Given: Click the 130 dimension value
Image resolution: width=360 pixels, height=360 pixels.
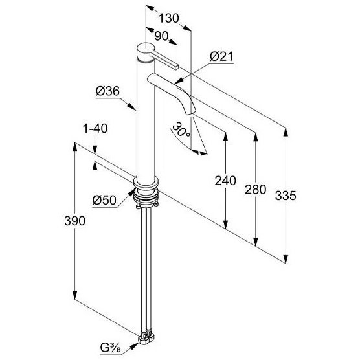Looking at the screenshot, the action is (168, 18).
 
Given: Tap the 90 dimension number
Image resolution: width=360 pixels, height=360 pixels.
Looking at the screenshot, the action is (161, 36).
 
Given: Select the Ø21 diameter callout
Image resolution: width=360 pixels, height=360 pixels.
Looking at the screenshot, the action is (221, 57).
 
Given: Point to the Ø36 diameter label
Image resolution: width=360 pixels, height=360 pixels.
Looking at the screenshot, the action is (107, 91).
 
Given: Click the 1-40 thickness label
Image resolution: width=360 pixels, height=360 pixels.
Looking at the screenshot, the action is (95, 129).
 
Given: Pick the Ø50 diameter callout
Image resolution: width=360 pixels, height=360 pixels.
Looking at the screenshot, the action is (104, 200).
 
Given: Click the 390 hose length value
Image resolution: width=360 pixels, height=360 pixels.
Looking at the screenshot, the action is (75, 221).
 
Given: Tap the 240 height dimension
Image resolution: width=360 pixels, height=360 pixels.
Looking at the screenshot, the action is (225, 181).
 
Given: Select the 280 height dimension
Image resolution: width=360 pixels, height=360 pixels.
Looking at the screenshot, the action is (256, 190).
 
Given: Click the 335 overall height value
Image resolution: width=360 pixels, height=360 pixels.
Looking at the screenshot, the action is (286, 196).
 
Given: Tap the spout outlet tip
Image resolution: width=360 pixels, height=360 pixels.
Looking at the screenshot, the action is (190, 113).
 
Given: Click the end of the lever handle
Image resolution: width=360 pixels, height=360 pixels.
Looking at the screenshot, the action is (177, 67).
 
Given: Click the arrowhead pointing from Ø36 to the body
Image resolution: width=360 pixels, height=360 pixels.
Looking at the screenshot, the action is (132, 107).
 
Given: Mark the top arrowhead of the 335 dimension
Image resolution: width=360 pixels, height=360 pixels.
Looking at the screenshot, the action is (286, 132).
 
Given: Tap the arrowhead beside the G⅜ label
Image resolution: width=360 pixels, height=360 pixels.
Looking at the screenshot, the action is (134, 345).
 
